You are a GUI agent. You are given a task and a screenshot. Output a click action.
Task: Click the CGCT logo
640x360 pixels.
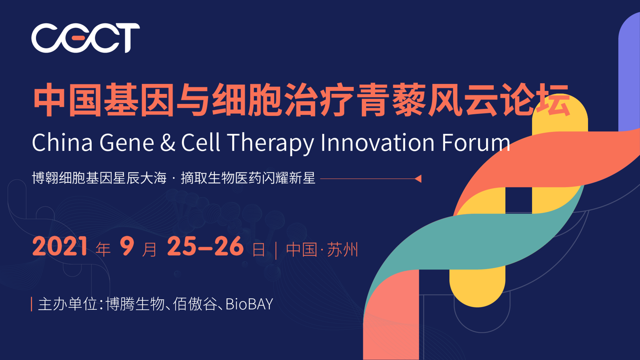pyautogui.click(x=86, y=38)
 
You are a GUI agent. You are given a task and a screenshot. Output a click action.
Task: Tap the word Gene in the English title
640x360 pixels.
pyautogui.click(x=127, y=143)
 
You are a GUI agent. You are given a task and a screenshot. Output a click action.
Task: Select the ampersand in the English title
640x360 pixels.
pyautogui.click(x=168, y=143)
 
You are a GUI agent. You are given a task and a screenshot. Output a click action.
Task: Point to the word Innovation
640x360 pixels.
pyautogui.click(x=378, y=143)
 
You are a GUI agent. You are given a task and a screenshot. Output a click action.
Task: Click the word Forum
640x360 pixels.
pyautogui.click(x=476, y=143)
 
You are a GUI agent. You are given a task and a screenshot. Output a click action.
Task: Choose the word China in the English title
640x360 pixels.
pyautogui.click(x=62, y=143)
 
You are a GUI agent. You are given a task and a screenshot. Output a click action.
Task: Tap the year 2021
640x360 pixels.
pyautogui.click(x=60, y=246)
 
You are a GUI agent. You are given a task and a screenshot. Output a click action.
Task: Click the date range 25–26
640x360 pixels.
pyautogui.click(x=205, y=246)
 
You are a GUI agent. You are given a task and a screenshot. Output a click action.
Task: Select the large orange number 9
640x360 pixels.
pyautogui.click(x=127, y=246)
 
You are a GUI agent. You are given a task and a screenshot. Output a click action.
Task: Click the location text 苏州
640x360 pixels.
pyautogui.click(x=342, y=250)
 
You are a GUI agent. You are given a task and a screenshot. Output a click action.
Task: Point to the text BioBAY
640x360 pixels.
pyautogui.click(x=249, y=304)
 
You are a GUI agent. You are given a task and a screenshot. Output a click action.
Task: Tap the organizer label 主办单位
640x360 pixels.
pyautogui.click(x=68, y=304)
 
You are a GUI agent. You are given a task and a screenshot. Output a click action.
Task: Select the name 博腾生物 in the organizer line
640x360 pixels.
pyautogui.click(x=135, y=304)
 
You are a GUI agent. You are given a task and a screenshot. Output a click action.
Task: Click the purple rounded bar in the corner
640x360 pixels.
pyautogui.click(x=629, y=72)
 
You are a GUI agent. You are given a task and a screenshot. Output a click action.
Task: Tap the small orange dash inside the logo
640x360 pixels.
pyautogui.click(x=79, y=38)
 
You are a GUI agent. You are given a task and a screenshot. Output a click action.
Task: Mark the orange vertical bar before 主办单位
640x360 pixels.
pyautogui.click(x=31, y=304)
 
